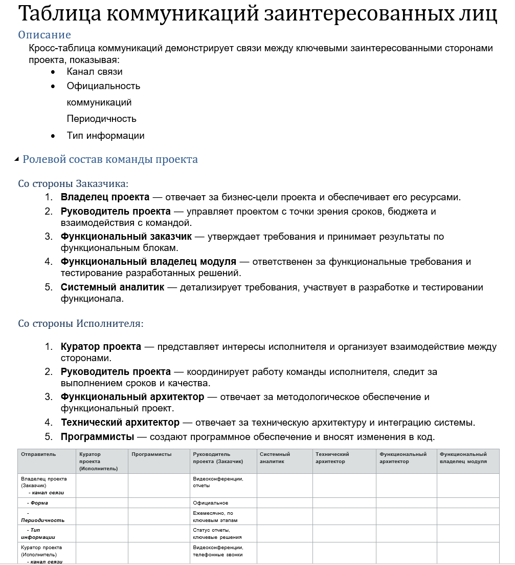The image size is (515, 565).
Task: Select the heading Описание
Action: pos(44,35)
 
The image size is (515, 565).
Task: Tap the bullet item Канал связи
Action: pos(95,72)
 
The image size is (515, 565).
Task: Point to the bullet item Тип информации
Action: pos(105,136)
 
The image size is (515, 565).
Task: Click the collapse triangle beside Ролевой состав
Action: pos(17,159)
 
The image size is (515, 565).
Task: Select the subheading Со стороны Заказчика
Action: pos(73,183)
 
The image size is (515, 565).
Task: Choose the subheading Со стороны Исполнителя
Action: pos(81,324)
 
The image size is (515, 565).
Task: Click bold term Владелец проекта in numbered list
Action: pos(105,197)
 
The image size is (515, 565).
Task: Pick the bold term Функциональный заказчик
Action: pos(126,237)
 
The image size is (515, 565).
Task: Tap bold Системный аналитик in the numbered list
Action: pos(113,287)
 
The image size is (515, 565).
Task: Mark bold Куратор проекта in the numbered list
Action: pos(101,347)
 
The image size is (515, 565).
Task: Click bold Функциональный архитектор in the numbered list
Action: pos(132,397)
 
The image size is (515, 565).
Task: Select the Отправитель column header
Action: pos(38,454)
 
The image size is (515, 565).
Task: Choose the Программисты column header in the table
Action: pos(151,454)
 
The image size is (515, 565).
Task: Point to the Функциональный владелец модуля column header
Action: pos(463,458)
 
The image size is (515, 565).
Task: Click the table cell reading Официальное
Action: pos(211,503)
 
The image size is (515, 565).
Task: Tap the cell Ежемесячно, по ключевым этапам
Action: pos(215,516)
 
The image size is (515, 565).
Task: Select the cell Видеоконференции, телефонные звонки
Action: pos(217,551)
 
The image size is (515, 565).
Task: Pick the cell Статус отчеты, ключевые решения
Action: pos(217,533)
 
